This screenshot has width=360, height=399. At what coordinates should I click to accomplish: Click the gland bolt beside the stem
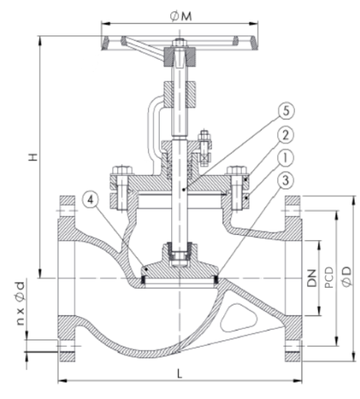tap(203, 148)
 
